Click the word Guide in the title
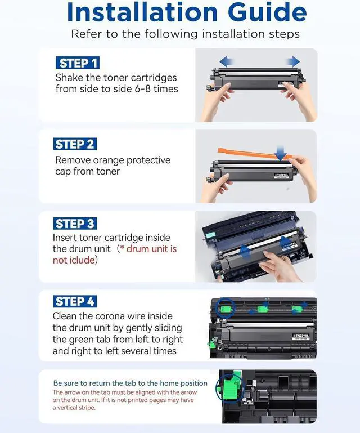[267, 12]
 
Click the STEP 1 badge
[77, 63]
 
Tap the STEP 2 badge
[75, 144]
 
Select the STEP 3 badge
[75, 224]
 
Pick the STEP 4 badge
[75, 301]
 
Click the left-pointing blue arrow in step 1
[227, 61]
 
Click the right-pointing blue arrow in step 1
[292, 61]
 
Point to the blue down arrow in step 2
[281, 153]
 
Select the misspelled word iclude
[80, 260]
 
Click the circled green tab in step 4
[226, 308]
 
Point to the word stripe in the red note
[87, 408]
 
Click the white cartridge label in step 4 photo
[301, 337]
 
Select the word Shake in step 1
[69, 78]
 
